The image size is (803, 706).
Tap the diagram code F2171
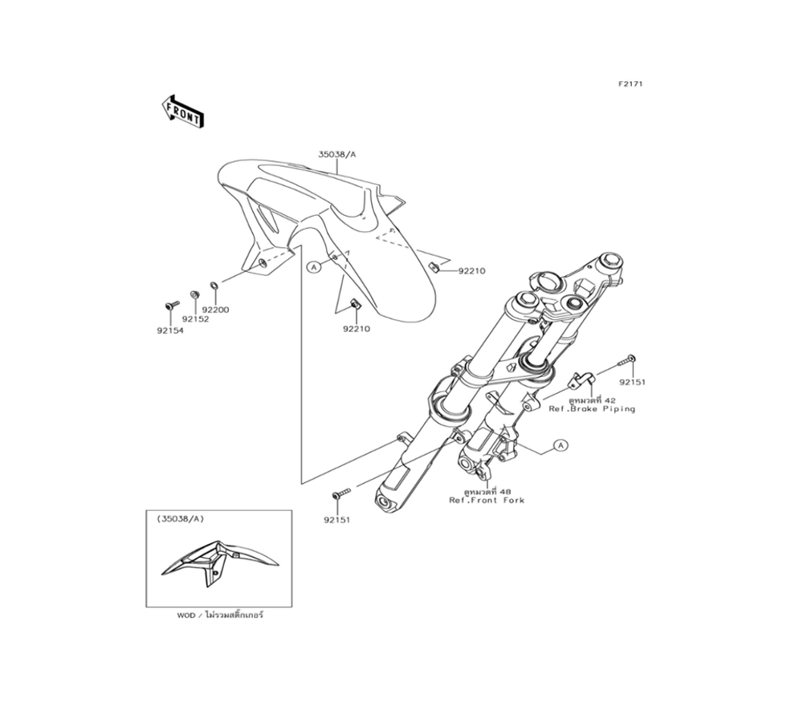630,84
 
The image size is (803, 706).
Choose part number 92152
195,319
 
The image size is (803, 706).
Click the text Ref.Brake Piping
592,409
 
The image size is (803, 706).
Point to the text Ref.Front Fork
487,500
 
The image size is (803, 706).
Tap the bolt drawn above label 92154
170,305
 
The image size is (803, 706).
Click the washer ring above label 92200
214,285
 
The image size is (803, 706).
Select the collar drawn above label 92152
194,294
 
